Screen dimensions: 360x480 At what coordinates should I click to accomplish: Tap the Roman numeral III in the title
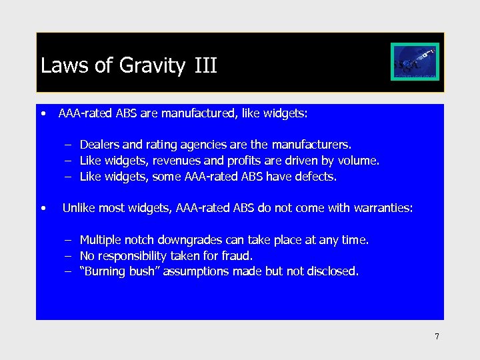tap(206, 66)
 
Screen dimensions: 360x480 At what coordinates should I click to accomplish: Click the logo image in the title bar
tap(414, 62)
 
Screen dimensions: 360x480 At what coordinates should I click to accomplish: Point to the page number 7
tap(437, 337)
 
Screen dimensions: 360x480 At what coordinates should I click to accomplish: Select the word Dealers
tap(99, 145)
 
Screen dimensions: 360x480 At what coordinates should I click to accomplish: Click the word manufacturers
tap(317, 145)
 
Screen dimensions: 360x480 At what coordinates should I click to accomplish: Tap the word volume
tap(361, 161)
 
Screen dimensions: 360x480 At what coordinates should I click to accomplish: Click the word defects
tap(317, 177)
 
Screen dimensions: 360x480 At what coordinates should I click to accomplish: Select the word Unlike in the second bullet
tap(78, 209)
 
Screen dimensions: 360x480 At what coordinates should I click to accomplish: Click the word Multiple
tap(100, 240)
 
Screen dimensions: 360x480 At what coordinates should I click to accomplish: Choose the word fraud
tap(237, 256)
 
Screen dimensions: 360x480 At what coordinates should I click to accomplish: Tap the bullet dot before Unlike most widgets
tap(43, 209)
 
